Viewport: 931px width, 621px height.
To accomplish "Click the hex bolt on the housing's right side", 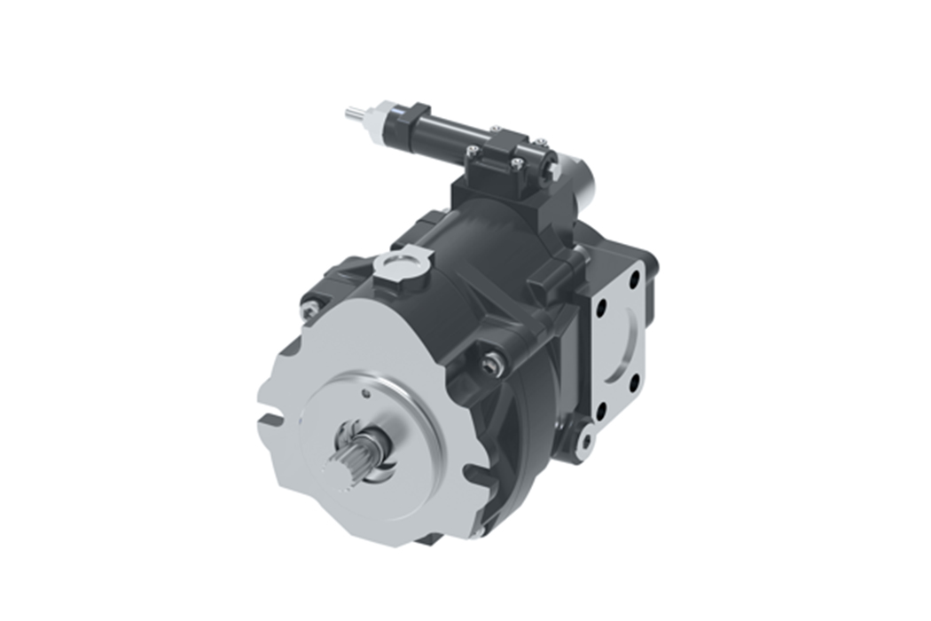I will click(x=493, y=364).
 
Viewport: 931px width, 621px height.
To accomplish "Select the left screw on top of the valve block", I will click(x=475, y=153).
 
